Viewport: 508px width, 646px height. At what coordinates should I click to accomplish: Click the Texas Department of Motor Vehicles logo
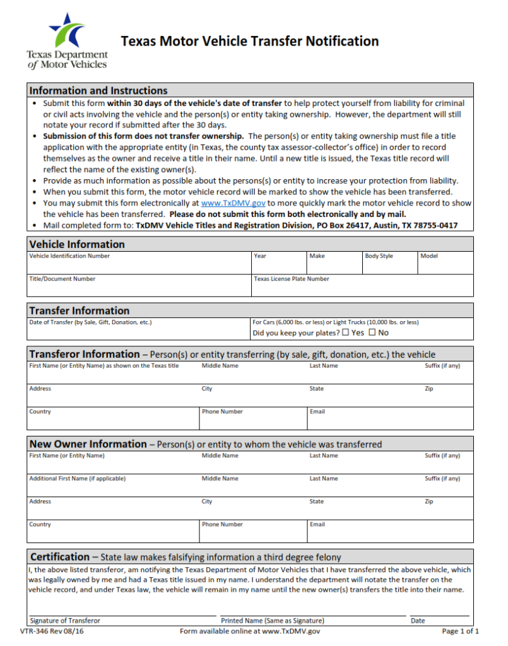click(x=67, y=40)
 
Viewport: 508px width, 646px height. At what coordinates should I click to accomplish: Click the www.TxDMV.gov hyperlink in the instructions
click(x=233, y=203)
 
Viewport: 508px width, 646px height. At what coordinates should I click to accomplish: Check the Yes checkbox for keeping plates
click(x=345, y=332)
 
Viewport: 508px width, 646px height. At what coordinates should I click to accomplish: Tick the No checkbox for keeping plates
click(x=372, y=332)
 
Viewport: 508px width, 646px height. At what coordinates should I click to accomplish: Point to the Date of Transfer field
click(x=139, y=330)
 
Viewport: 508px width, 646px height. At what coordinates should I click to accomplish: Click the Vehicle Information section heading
click(x=77, y=244)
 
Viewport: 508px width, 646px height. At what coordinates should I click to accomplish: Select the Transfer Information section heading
click(x=80, y=310)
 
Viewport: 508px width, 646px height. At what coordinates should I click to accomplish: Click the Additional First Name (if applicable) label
click(x=77, y=479)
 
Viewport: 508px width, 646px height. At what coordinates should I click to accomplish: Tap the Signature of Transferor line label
click(x=65, y=621)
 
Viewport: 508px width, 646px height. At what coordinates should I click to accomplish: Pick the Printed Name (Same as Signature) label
click(x=273, y=621)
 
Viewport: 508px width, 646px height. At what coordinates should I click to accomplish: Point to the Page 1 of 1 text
click(x=461, y=631)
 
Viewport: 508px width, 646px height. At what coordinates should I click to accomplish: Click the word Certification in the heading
click(x=60, y=557)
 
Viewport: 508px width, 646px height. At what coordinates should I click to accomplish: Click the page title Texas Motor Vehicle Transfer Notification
click(x=249, y=42)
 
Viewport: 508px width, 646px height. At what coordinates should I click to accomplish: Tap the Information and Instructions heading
click(x=98, y=90)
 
